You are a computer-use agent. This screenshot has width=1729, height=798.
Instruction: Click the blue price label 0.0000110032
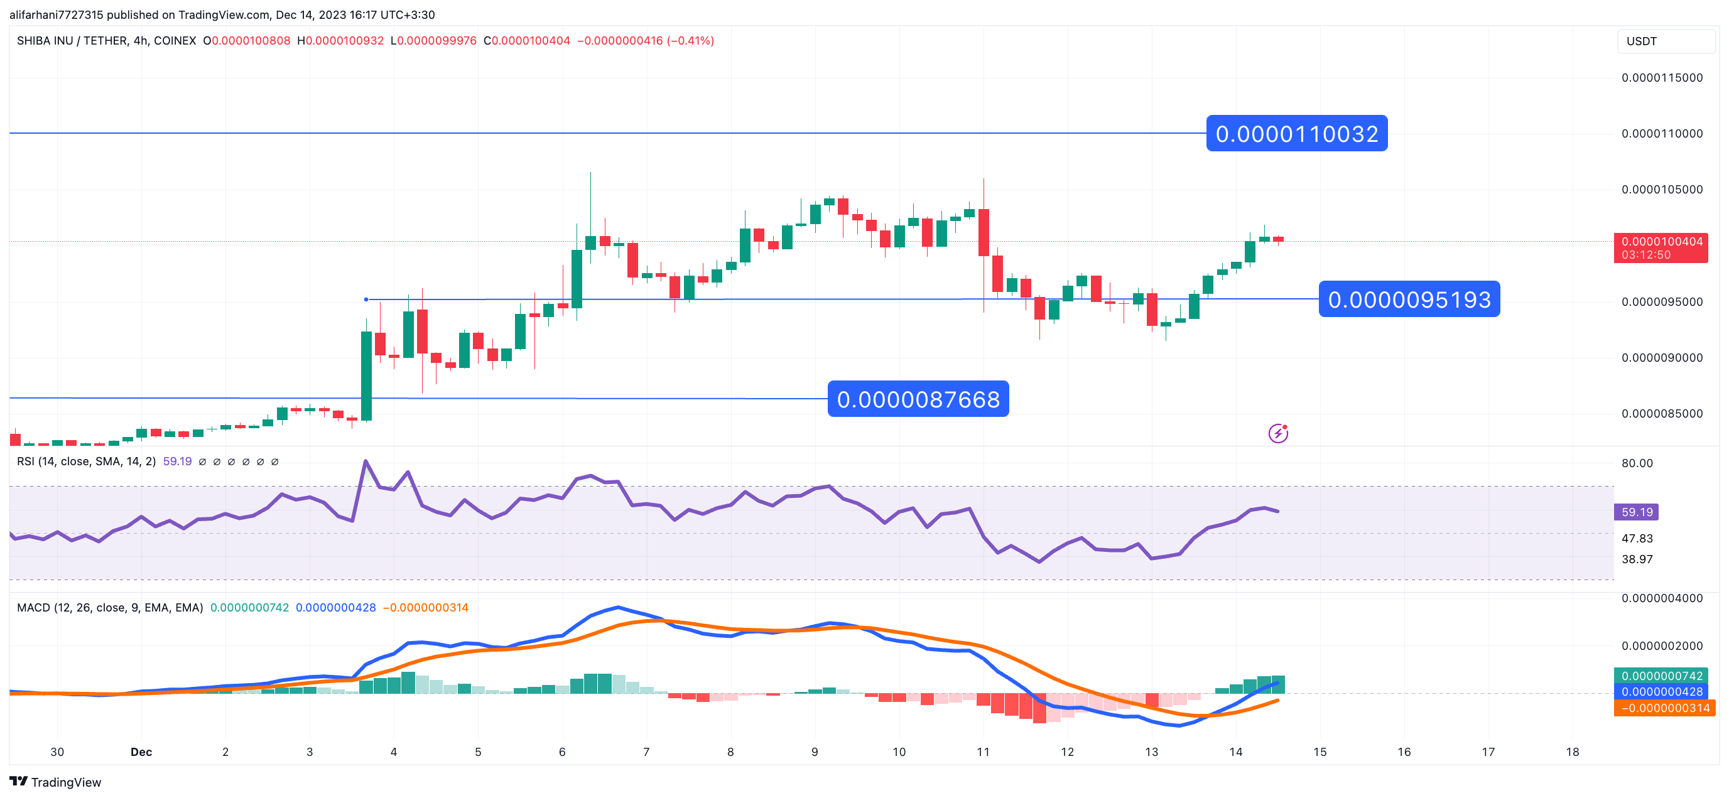coord(1296,134)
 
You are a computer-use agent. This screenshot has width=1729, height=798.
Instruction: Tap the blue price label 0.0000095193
coord(1409,299)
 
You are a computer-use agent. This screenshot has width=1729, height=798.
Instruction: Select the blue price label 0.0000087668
coord(918,399)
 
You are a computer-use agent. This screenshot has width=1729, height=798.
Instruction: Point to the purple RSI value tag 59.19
coord(1637,512)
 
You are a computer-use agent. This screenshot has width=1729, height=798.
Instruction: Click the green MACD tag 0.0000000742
coord(1662,676)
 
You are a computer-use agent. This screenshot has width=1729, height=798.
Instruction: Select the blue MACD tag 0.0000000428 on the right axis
coord(1662,692)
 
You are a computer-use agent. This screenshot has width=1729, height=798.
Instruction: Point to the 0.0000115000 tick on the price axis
coord(1662,78)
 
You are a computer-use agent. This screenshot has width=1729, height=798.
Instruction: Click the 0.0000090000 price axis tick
coord(1662,358)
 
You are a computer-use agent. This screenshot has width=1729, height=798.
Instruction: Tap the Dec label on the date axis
coord(141,752)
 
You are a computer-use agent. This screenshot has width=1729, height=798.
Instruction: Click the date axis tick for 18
coord(1572,752)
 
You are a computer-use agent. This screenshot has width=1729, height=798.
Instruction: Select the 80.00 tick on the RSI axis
coord(1637,463)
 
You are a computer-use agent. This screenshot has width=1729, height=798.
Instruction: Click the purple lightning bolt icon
coord(1278,434)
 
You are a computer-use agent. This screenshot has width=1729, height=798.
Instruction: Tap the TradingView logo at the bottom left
coord(55,782)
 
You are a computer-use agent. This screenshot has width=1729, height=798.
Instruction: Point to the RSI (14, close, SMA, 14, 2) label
coord(86,461)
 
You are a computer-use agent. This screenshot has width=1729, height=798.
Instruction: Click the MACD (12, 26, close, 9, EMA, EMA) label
coord(109,607)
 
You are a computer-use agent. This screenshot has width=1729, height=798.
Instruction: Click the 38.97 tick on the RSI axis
coord(1637,559)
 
